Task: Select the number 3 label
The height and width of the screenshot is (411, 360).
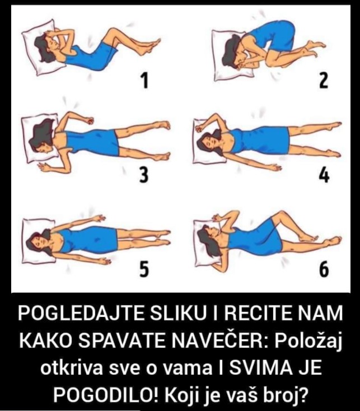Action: pyautogui.click(x=144, y=175)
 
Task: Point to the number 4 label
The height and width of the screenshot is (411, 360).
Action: pyautogui.click(x=324, y=175)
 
